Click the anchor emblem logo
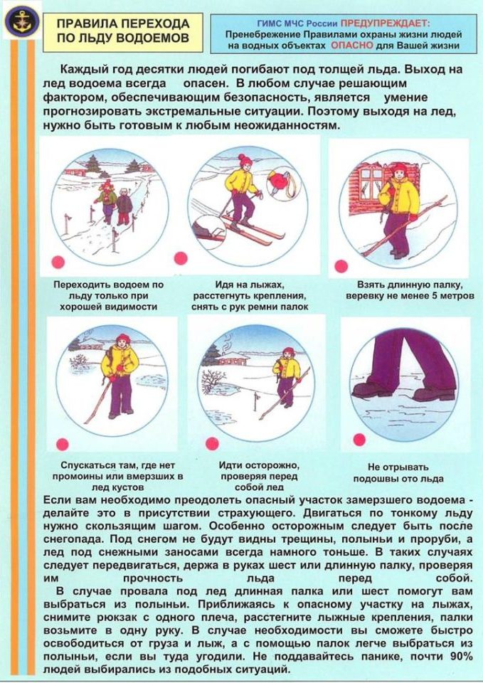[22, 21]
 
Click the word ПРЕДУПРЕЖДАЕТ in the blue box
[385, 23]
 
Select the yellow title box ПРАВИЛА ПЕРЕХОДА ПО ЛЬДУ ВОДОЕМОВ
[123, 32]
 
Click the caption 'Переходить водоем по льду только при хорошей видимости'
[108, 296]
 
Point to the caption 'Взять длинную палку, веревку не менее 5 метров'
[410, 290]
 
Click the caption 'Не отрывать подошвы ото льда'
[398, 473]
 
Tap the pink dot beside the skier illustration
[181, 258]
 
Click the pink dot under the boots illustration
[359, 440]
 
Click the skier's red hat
[245, 160]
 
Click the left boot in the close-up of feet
[371, 388]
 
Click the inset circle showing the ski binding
[208, 232]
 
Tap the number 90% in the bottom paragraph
[460, 656]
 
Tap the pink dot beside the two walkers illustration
[58, 262]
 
